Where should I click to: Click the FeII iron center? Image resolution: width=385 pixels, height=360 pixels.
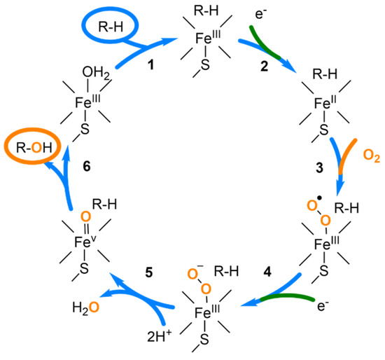click(x=321, y=102)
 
